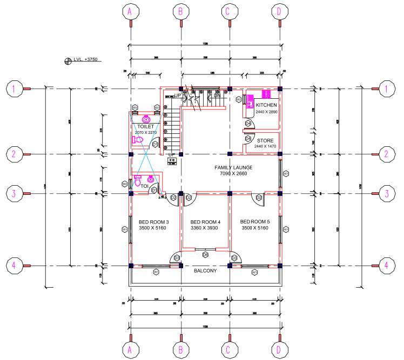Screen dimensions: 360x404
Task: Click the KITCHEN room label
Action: coord(266,105)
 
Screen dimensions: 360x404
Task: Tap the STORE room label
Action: coord(265,140)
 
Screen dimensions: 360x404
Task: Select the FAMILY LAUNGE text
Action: coord(233,168)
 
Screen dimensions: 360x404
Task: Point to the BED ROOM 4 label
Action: coord(206,222)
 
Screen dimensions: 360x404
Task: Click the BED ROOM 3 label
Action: coord(154,222)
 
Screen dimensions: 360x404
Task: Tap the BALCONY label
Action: coord(205,270)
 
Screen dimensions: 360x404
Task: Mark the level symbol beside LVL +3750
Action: coord(68,61)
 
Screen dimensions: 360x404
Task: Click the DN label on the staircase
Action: coord(217,96)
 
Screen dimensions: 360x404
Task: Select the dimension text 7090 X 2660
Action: coord(233,174)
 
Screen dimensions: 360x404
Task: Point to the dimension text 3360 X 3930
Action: coord(206,228)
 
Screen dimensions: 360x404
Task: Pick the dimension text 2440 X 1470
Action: coord(265,146)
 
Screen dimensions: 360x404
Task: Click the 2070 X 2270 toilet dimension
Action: coord(145,132)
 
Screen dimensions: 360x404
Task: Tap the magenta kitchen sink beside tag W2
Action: coord(250,101)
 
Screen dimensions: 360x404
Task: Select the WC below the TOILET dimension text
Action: coord(138,140)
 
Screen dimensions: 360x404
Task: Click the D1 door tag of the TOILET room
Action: coord(155,144)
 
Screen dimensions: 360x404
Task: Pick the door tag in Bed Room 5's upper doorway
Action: coord(259,198)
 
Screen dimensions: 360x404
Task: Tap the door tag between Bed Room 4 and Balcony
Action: coord(205,254)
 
